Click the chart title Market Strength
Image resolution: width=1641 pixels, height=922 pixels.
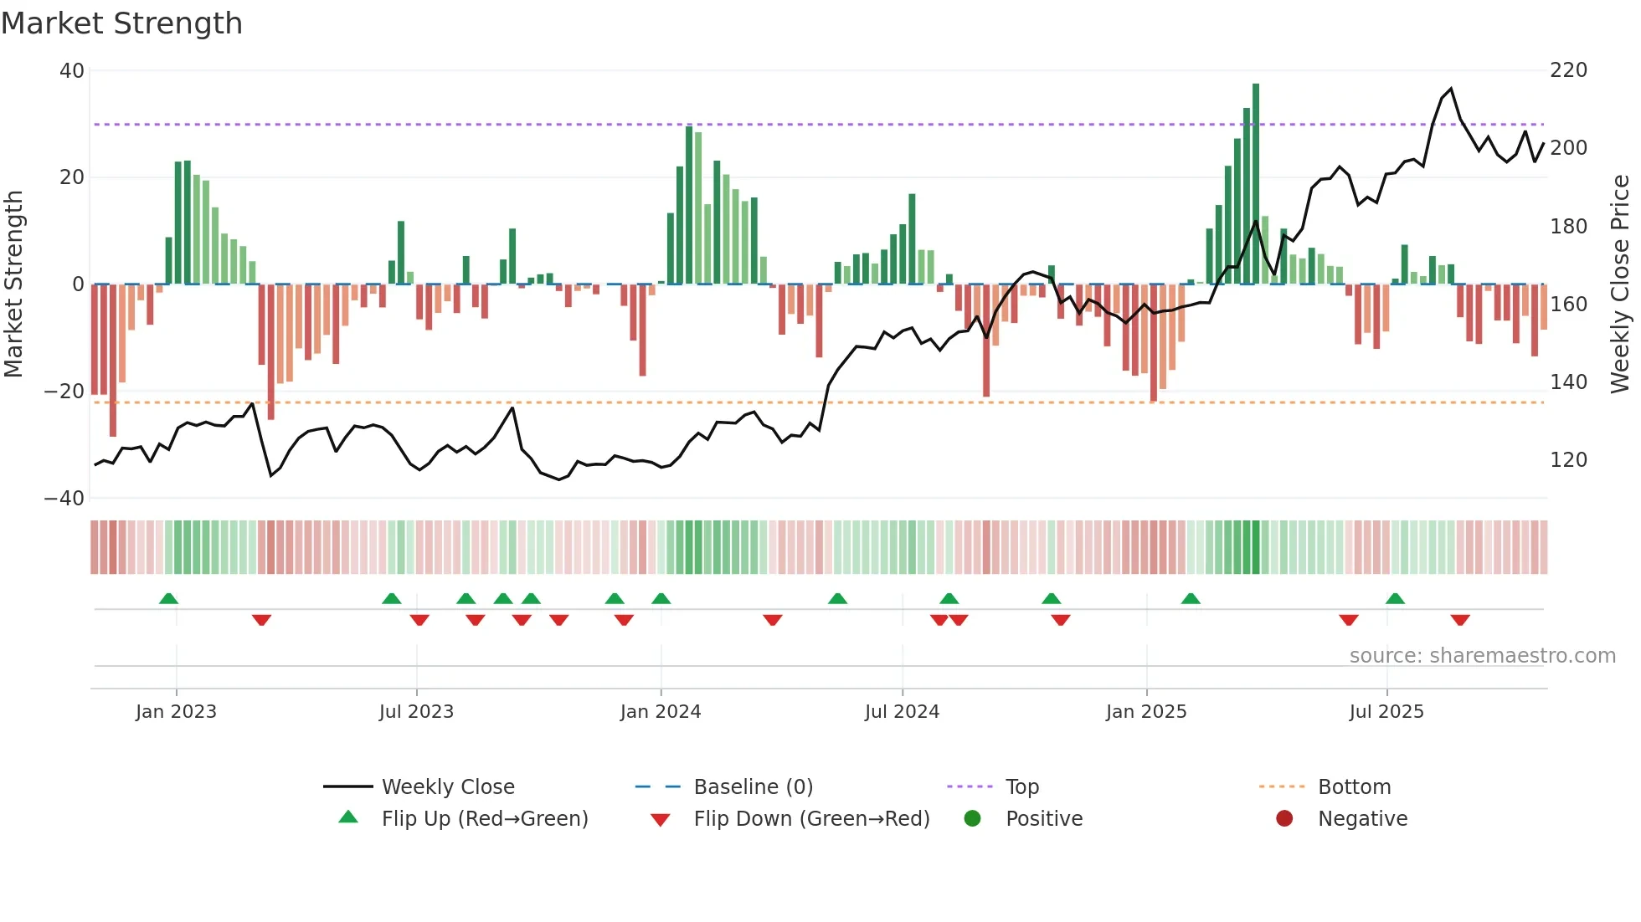122,23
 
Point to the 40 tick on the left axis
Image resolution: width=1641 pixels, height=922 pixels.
72,71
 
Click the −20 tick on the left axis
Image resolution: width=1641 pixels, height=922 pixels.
64,392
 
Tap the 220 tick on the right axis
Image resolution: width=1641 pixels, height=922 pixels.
1568,70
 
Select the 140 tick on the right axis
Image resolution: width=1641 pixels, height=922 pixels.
1568,382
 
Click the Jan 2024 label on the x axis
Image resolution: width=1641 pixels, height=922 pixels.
661,712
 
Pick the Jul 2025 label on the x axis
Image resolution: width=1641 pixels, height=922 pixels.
1386,712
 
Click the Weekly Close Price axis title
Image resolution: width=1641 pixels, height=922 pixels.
1621,284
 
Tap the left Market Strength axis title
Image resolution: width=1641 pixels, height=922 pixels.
14,284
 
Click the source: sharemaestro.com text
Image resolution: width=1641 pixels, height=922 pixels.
1482,656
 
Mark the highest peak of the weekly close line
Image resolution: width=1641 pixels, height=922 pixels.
1451,89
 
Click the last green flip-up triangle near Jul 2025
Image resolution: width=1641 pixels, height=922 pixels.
1395,599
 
